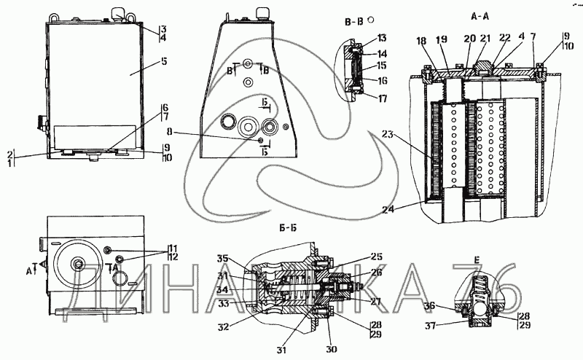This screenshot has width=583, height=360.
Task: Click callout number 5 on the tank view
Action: pos(164,62)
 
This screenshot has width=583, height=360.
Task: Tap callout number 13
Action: pos(382,38)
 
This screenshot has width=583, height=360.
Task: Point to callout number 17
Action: pos(382,97)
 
